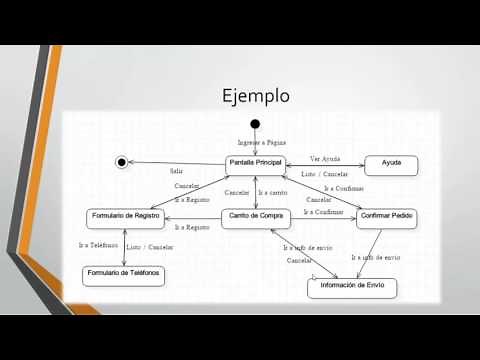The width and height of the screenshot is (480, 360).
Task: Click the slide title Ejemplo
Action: coord(255,96)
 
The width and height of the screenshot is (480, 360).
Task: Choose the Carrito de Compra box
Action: coord(255,217)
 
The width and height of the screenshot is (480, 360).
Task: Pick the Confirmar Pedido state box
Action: coord(386,217)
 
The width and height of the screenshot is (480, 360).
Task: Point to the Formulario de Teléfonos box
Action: coord(123,274)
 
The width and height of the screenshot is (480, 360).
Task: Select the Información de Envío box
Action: coord(351,288)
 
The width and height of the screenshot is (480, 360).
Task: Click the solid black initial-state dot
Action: coord(255,124)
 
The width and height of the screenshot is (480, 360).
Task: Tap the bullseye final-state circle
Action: coord(122,162)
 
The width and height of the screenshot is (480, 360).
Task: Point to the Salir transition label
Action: coord(176,171)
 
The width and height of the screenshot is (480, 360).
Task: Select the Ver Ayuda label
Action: coord(325,158)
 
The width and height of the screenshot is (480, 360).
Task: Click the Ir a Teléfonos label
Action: coord(98,245)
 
